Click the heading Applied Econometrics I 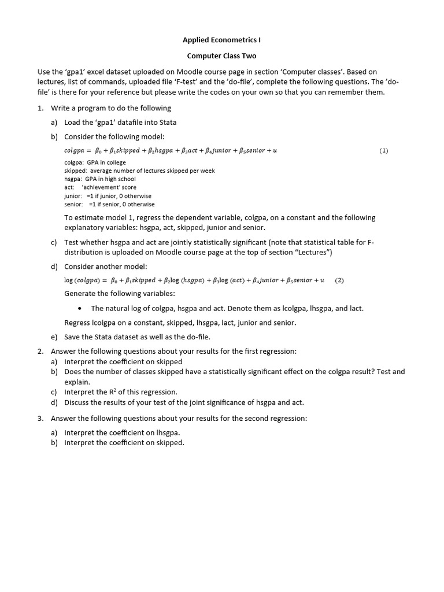221,40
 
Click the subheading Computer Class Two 221,56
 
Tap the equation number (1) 384,150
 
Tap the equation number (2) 339,280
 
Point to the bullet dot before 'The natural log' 79,309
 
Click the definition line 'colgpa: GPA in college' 95,162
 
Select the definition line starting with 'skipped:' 139,171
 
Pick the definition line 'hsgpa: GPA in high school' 100,179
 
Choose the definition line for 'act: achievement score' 100,187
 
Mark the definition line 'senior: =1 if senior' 109,204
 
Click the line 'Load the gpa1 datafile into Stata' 120,122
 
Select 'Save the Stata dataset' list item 137,337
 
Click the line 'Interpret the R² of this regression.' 120,392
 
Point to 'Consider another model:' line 106,266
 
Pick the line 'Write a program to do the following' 111,108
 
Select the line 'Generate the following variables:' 120,294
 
